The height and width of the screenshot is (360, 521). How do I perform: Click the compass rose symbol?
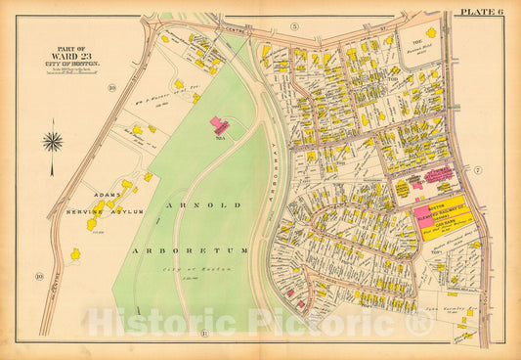click(53, 141)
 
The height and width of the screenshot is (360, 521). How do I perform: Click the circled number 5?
click(293, 25)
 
